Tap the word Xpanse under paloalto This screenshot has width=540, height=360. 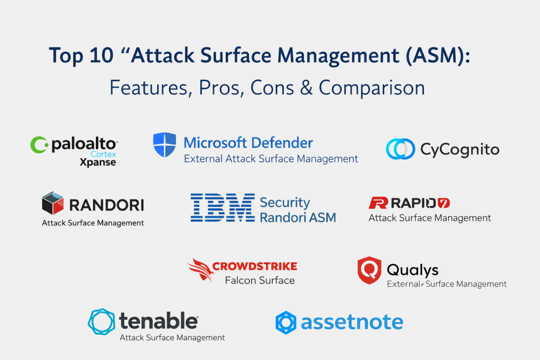(98, 162)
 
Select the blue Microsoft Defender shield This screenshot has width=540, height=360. (165, 144)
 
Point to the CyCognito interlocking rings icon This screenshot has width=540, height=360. (401, 149)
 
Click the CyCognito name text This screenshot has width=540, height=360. (460, 150)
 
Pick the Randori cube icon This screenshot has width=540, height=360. (53, 203)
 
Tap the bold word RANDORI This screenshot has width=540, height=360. (107, 205)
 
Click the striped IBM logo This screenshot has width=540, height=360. (223, 207)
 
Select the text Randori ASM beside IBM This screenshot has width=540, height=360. (297, 218)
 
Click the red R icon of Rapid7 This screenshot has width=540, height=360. (379, 203)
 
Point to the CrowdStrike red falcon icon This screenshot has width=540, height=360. (200, 270)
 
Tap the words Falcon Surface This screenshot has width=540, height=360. (259, 280)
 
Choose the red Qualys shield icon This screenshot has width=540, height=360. (370, 270)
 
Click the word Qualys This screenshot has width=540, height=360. (412, 270)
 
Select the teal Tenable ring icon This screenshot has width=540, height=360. (101, 322)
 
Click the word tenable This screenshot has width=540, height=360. (158, 321)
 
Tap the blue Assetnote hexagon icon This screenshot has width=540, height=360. (286, 323)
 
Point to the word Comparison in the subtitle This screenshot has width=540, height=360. (372, 88)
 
